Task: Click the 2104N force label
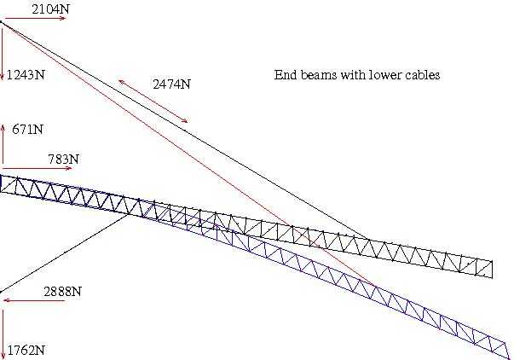coord(50,9)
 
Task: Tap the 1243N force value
coord(26,75)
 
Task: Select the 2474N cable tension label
coord(171,84)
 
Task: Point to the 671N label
coord(27,130)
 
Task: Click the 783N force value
coord(64,160)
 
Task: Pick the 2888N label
coord(62,292)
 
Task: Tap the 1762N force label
coord(26,351)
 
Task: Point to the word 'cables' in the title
coord(423,75)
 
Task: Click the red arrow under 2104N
coord(34,19)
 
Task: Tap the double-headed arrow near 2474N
coord(153,101)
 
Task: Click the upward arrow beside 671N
coord(3,144)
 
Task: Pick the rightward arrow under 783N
coord(37,168)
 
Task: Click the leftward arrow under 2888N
coord(34,300)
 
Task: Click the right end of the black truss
coord(492,270)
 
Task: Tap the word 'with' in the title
coord(354,75)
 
